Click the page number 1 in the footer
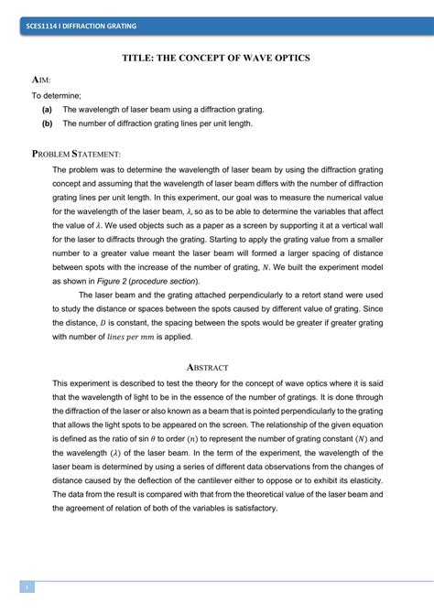[x=27, y=587]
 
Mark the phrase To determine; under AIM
[x=56, y=94]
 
